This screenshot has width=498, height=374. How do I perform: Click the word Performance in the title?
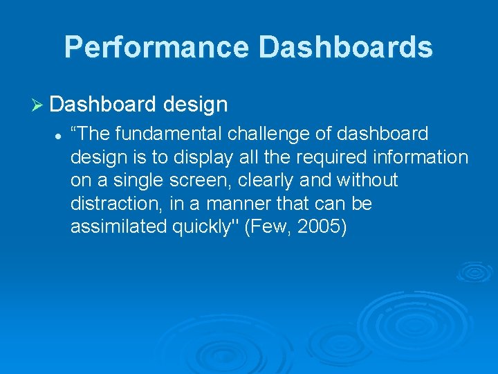click(x=156, y=46)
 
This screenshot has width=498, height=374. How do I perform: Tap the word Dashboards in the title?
click(x=346, y=46)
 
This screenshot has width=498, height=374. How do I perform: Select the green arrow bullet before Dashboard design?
click(x=37, y=105)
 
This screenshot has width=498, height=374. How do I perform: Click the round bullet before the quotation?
click(x=57, y=137)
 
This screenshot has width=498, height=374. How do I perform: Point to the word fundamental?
click(x=168, y=133)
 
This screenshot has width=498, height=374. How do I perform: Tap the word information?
click(x=421, y=157)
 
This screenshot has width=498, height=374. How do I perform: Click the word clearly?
click(x=265, y=181)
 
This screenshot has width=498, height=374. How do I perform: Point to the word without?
click(x=367, y=179)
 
